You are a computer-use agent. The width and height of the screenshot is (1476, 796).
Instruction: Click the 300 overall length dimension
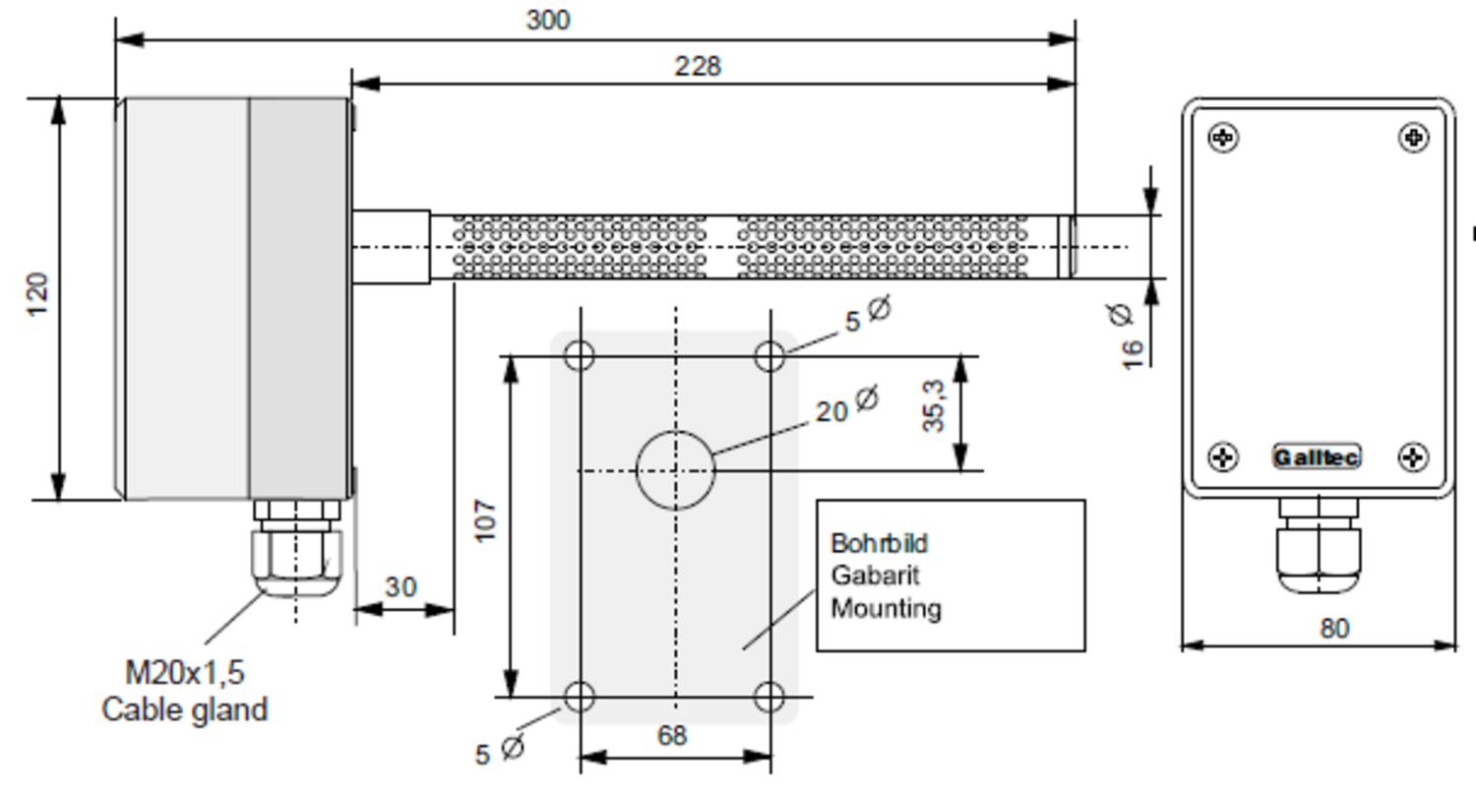tap(547, 20)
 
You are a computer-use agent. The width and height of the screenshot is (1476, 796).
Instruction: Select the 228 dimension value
tap(697, 66)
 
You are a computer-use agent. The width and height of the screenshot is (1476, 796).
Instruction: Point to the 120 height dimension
tap(37, 295)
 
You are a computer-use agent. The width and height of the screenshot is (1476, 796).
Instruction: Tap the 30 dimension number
tap(400, 587)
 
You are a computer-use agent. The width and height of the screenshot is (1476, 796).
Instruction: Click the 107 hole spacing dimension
tap(486, 520)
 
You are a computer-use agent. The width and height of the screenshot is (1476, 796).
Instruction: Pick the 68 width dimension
tap(671, 735)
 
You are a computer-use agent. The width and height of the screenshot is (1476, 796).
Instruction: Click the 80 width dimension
tap(1334, 628)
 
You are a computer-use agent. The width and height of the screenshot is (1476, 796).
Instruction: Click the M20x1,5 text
tap(185, 673)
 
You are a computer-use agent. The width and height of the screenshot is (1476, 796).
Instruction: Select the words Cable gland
tap(185, 709)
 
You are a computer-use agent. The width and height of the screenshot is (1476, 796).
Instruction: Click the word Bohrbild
tap(879, 543)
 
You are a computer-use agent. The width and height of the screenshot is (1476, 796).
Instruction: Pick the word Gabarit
tap(875, 575)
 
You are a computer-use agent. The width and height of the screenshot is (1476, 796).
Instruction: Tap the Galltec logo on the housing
tap(1317, 458)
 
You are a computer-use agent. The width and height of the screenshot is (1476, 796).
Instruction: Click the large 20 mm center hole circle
tap(675, 470)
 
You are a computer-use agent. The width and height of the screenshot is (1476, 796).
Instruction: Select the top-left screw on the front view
tap(1223, 138)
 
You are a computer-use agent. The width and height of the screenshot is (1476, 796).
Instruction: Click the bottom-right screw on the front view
tap(1413, 457)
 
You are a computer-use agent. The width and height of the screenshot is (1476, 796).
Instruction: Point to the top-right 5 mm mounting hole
tap(769, 355)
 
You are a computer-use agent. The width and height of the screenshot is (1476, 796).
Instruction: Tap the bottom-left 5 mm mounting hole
tap(580, 697)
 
